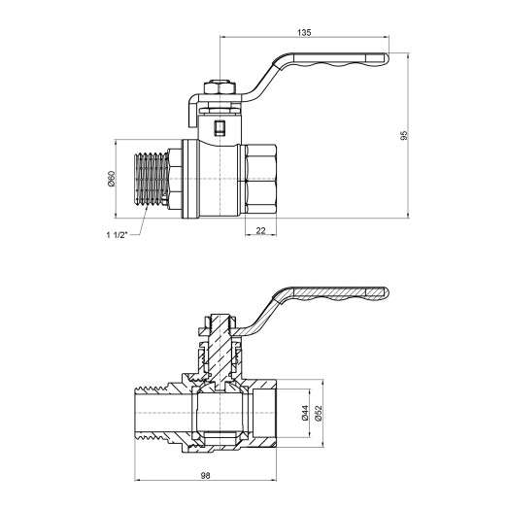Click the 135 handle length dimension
point(305,33)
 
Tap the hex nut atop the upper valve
point(221,88)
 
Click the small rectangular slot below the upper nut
point(219,126)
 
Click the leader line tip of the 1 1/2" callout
point(146,215)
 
